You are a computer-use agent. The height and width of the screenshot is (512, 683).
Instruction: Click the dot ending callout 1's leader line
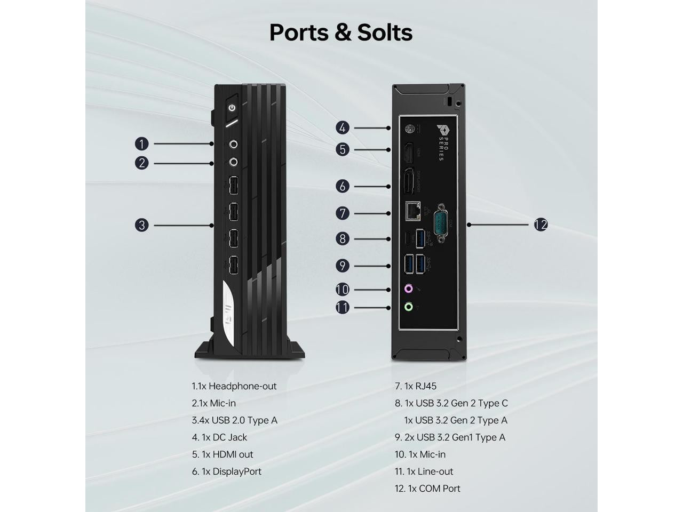(x=212, y=143)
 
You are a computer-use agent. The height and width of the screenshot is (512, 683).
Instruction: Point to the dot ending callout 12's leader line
(x=469, y=225)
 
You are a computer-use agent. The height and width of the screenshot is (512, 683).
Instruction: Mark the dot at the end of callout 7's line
(x=388, y=213)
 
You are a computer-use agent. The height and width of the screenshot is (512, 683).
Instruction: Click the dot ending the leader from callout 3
(x=212, y=226)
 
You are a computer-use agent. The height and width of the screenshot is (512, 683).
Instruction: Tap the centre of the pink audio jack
(x=409, y=289)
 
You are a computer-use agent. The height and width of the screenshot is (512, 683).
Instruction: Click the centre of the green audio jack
(x=409, y=307)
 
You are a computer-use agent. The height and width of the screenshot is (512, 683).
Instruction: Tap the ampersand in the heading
(x=343, y=33)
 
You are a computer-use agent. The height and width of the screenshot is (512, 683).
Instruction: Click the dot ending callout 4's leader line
(x=388, y=128)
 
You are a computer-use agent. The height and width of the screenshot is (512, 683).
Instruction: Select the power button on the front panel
(x=232, y=108)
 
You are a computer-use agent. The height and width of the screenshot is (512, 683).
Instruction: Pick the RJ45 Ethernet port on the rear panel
(x=413, y=211)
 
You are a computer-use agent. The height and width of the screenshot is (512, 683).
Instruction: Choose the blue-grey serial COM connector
(x=441, y=222)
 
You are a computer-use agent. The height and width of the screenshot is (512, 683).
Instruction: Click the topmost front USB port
(x=234, y=185)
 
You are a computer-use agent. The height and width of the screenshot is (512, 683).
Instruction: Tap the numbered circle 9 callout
(x=342, y=266)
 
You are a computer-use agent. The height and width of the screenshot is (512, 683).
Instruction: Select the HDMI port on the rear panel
(x=409, y=153)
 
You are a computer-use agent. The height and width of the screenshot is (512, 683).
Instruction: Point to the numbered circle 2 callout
(x=141, y=163)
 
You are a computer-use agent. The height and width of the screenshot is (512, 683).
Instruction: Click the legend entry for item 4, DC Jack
(x=219, y=437)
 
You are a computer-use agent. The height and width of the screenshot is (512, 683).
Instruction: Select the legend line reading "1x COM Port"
(x=427, y=489)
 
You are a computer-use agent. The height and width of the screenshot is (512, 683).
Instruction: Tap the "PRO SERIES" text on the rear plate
(x=444, y=149)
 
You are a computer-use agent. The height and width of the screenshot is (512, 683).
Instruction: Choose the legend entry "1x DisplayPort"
(x=227, y=471)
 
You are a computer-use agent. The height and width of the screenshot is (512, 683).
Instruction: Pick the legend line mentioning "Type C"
(x=451, y=403)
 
